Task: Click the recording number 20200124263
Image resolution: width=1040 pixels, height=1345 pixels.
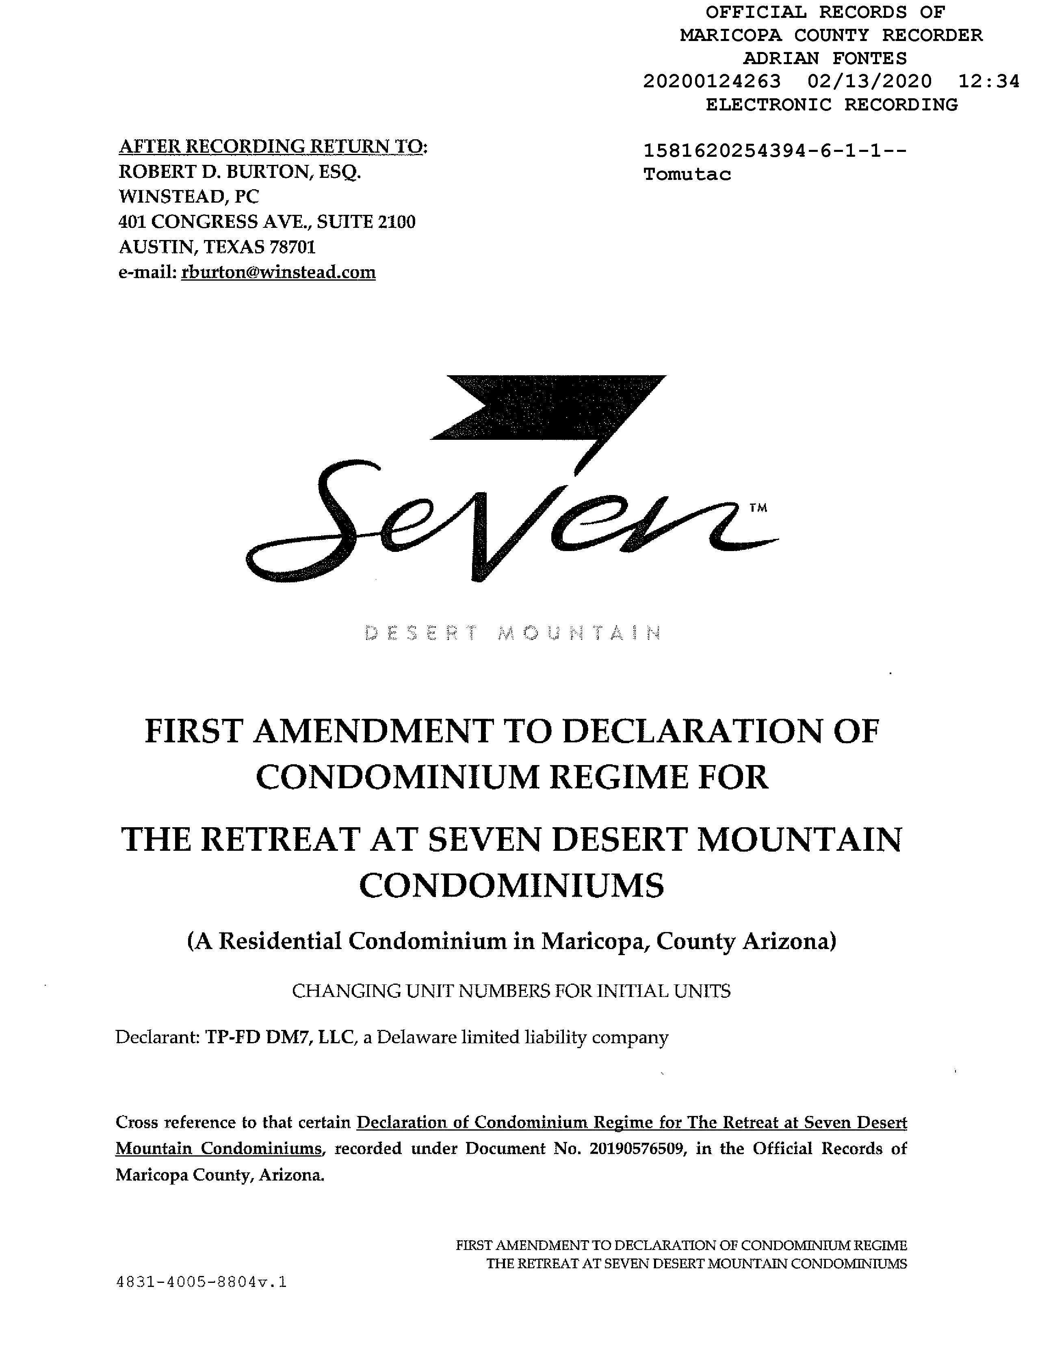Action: [x=712, y=81]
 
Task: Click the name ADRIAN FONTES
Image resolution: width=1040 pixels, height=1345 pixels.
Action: [x=824, y=58]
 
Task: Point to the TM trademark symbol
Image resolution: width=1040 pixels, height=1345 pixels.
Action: [x=758, y=508]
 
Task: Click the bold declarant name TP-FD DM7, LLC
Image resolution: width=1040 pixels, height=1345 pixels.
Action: [x=281, y=1038]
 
